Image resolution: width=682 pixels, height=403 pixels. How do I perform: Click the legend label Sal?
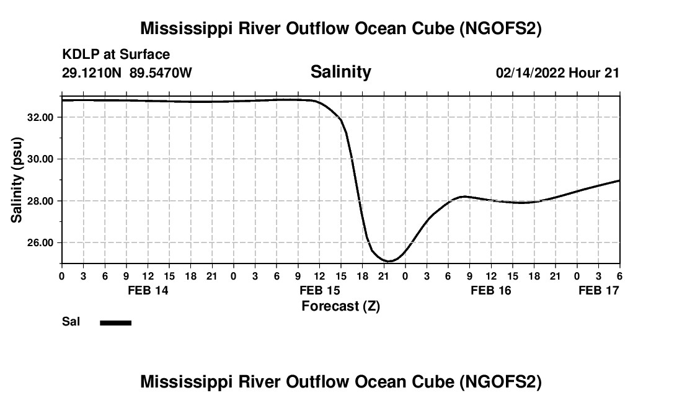[x=70, y=322]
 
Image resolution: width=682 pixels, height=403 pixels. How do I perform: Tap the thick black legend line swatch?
[x=116, y=322]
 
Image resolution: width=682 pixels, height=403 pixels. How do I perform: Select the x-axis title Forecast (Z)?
[x=340, y=306]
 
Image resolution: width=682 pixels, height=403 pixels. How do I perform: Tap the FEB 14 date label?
[x=148, y=290]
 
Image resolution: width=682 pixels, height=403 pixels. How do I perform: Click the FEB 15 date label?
[x=319, y=290]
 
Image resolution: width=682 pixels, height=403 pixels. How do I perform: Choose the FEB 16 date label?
[x=491, y=290]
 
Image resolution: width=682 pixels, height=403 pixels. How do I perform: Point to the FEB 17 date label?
[x=599, y=290]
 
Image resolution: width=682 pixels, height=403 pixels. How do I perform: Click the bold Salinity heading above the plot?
[x=340, y=72]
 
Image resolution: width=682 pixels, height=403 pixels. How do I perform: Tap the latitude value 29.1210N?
[x=93, y=73]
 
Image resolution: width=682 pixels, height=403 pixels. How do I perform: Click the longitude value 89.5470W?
[x=161, y=73]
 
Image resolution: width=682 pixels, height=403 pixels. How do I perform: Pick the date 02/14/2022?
[x=530, y=73]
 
